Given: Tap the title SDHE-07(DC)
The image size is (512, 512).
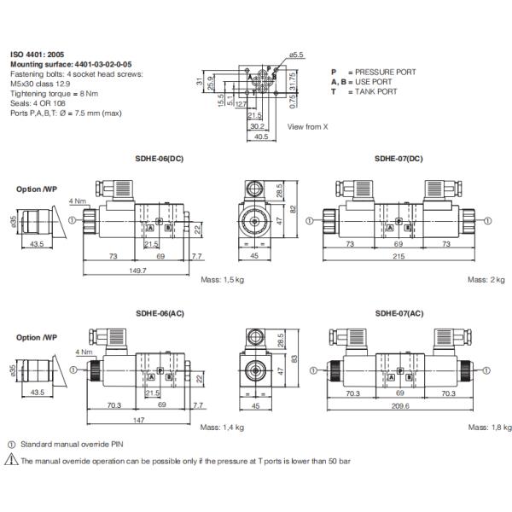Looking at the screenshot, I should pyautogui.click(x=399, y=159).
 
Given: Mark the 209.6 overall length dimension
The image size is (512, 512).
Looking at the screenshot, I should pyautogui.click(x=399, y=407).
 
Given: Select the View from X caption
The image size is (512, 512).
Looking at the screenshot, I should pyautogui.click(x=305, y=127).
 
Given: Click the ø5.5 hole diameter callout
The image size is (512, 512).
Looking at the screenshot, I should pyautogui.click(x=297, y=55).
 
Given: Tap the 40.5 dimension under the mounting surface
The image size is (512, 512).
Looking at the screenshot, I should pyautogui.click(x=260, y=135).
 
